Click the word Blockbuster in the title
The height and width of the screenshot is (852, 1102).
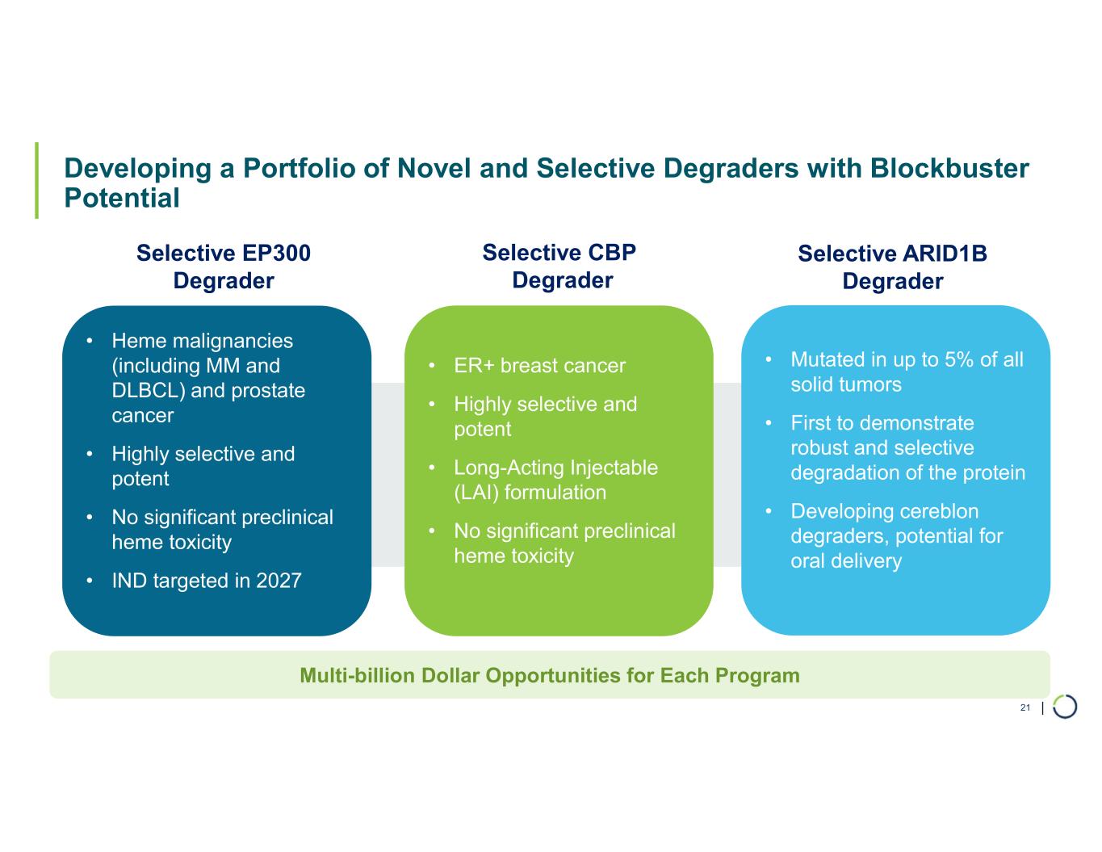tap(949, 168)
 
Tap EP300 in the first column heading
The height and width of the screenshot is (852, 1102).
tap(276, 253)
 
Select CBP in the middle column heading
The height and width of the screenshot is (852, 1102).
tap(612, 253)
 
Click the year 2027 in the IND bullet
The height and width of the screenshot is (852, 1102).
tap(279, 580)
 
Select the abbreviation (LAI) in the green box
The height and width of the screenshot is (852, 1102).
tap(476, 493)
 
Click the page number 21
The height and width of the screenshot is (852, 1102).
tap(1025, 707)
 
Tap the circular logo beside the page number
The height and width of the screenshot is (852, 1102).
tap(1065, 707)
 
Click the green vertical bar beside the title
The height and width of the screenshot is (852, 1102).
tap(36, 180)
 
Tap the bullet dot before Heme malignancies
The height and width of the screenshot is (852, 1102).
tap(90, 342)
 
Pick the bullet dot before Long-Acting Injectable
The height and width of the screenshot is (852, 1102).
tap(432, 468)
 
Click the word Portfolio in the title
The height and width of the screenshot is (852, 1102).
tap(300, 168)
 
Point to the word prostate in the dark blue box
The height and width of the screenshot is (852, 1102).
tap(268, 391)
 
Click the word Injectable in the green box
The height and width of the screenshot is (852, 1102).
tap(614, 468)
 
